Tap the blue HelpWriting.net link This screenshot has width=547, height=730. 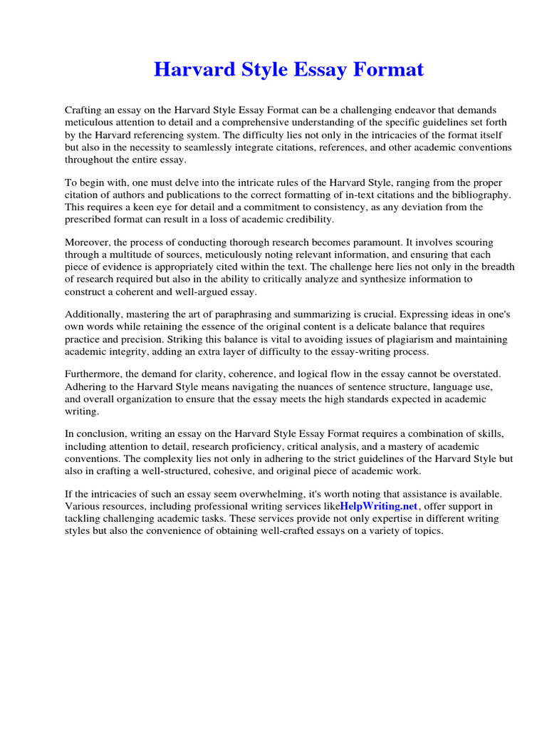(378, 506)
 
